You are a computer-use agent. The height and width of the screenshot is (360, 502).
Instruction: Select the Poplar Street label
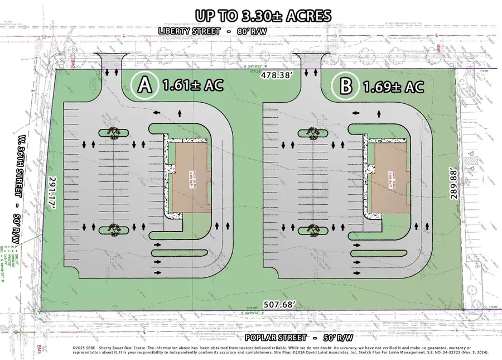click(276, 338)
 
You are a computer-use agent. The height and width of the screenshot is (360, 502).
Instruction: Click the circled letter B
click(345, 86)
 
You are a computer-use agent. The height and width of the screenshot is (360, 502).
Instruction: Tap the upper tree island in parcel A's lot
click(114, 132)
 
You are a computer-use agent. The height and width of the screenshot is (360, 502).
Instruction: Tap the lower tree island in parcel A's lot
click(114, 228)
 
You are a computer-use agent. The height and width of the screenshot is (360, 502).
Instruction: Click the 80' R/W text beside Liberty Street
click(250, 31)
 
